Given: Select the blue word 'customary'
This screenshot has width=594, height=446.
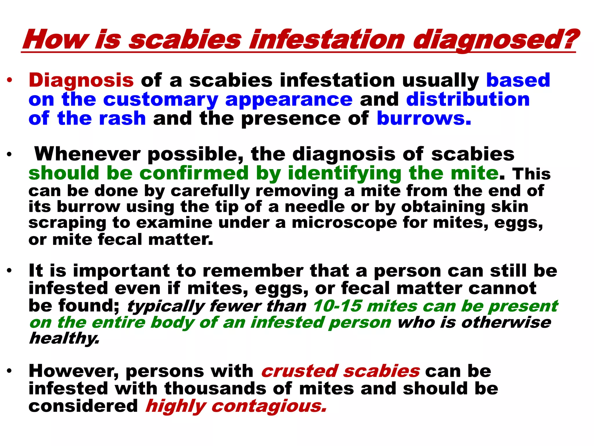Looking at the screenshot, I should (x=160, y=100).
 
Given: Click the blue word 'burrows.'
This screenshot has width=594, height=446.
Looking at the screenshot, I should (x=424, y=118).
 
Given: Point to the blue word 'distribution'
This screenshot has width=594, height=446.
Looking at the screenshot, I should (x=468, y=99).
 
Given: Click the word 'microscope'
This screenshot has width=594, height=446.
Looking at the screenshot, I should (x=344, y=223).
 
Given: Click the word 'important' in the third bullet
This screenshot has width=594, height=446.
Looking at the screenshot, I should (x=121, y=271).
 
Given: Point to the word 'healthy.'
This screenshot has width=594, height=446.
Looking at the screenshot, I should (x=64, y=338).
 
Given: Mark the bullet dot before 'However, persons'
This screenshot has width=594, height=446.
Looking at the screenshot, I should (x=10, y=371).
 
